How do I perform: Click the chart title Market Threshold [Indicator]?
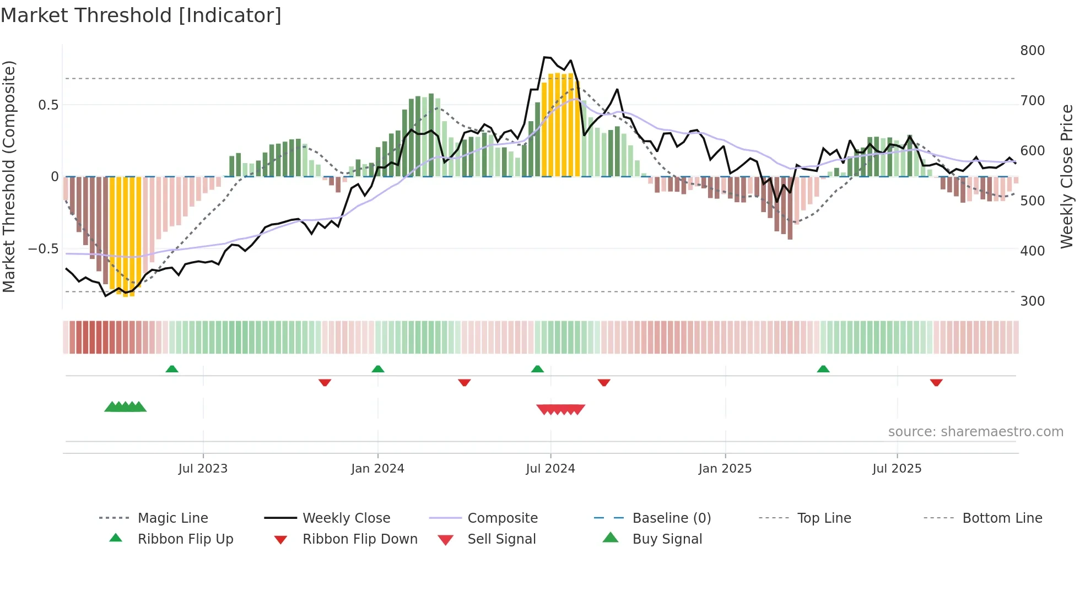pyautogui.click(x=141, y=15)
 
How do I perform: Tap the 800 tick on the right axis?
pyautogui.click(x=1032, y=51)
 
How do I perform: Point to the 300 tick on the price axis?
pyautogui.click(x=1032, y=301)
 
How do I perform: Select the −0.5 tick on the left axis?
pyautogui.click(x=43, y=249)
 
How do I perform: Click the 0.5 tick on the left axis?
pyautogui.click(x=48, y=105)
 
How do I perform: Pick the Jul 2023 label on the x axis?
pyautogui.click(x=203, y=469)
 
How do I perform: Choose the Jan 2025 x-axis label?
pyautogui.click(x=725, y=469)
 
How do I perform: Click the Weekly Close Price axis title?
pyautogui.click(x=1067, y=176)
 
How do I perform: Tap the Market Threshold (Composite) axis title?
pyautogui.click(x=9, y=176)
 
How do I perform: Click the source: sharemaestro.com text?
pyautogui.click(x=975, y=432)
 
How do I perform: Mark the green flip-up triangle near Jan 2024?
pyautogui.click(x=378, y=369)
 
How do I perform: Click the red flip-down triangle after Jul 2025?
pyautogui.click(x=936, y=382)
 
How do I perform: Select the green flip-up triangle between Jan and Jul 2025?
pyautogui.click(x=823, y=369)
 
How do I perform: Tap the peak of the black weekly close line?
pyautogui.click(x=544, y=57)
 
